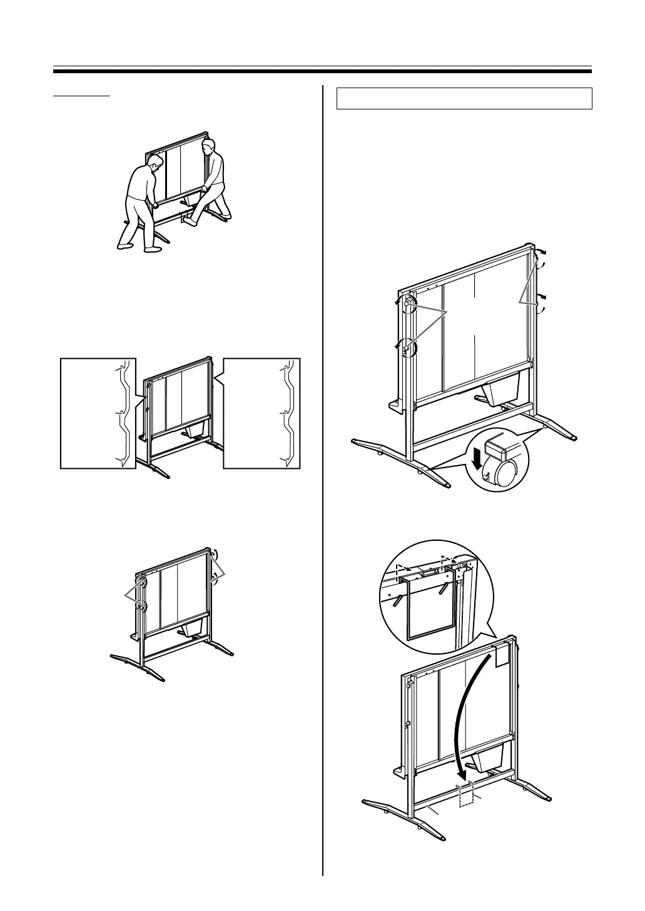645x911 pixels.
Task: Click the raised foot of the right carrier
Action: click(x=190, y=220)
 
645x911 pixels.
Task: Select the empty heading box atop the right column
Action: click(x=464, y=99)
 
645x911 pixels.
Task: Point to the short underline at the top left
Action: click(x=81, y=96)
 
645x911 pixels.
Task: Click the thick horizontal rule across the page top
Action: click(x=322, y=71)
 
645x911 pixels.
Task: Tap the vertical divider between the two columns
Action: click(x=323, y=475)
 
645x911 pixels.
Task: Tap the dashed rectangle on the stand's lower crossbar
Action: click(x=465, y=794)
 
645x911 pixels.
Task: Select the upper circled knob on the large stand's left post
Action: click(x=409, y=303)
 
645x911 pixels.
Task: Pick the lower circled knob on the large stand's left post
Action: click(x=407, y=347)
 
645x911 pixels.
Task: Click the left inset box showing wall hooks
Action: click(x=98, y=413)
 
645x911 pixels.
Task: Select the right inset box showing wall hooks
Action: click(x=262, y=413)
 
